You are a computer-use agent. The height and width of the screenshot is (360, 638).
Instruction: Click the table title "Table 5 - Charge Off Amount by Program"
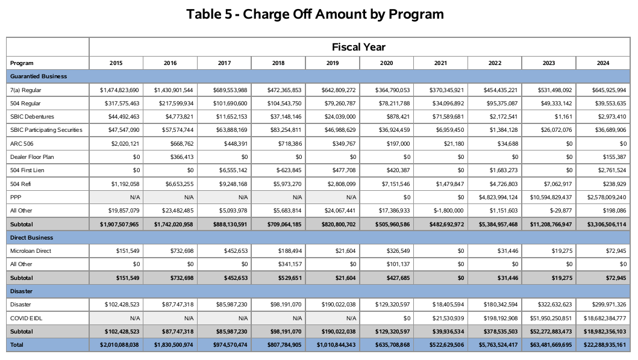[x=315, y=14]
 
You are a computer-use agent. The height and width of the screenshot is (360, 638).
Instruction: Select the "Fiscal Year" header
[x=358, y=47]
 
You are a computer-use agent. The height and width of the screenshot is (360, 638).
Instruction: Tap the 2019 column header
[x=333, y=63]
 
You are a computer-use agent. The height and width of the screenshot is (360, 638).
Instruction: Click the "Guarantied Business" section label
[x=39, y=76]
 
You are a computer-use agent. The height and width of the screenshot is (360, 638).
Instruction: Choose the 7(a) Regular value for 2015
[x=119, y=90]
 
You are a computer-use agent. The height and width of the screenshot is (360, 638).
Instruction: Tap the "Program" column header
[x=22, y=63]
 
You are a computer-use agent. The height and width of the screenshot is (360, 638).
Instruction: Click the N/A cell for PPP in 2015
[x=134, y=197]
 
